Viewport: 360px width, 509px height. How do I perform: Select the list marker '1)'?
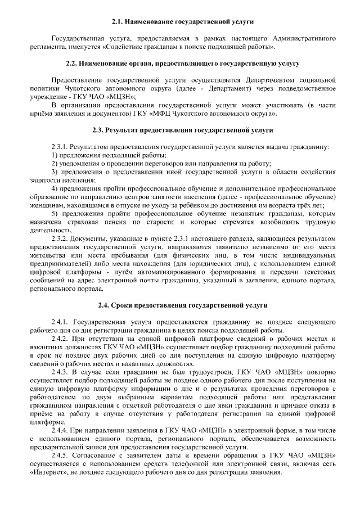point(55,155)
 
